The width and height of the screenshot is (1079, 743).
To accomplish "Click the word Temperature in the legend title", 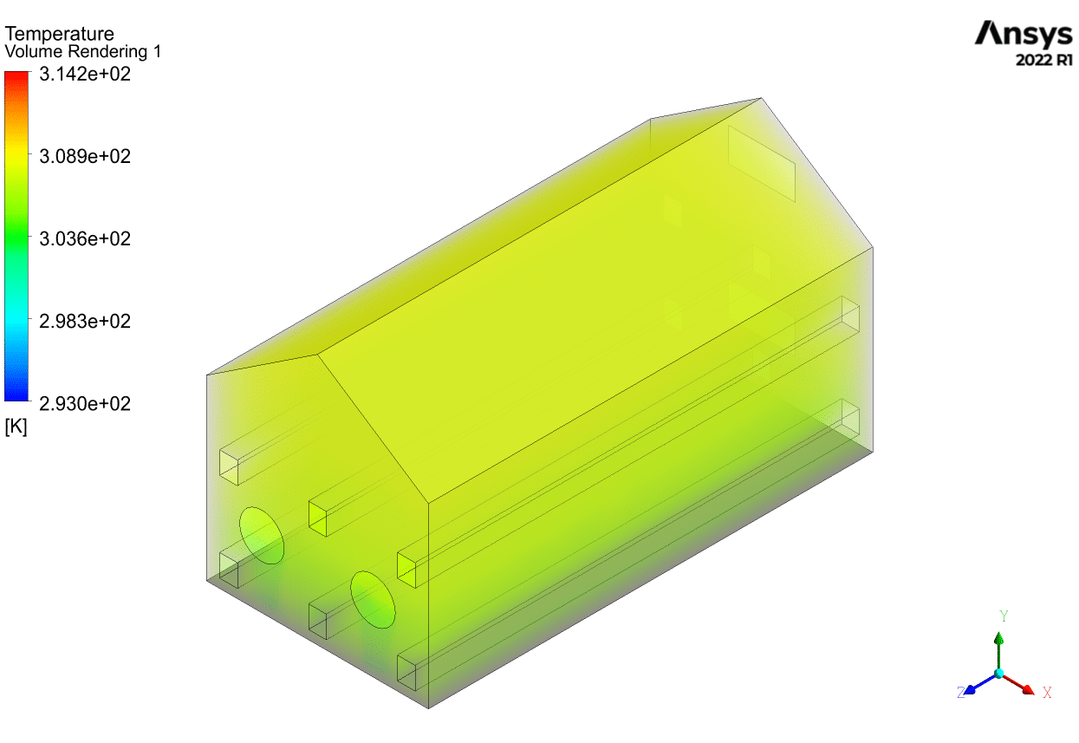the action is [59, 34].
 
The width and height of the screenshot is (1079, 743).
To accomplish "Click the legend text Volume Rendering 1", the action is [83, 51].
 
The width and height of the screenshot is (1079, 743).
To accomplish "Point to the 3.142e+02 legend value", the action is [85, 75].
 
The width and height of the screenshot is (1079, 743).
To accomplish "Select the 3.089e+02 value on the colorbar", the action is [85, 157].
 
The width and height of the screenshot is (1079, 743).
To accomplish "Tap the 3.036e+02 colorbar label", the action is [85, 239].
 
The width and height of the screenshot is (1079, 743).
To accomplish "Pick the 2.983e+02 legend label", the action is [85, 322].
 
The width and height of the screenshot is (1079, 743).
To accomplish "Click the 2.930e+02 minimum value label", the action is [85, 404].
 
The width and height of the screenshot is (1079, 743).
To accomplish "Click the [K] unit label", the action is [16, 427].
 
